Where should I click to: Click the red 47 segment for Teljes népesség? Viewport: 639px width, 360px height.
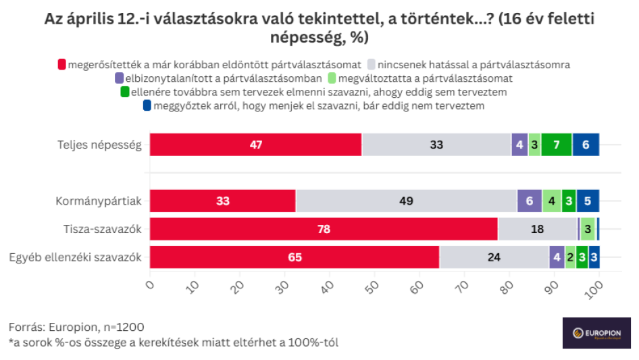click(x=255, y=145)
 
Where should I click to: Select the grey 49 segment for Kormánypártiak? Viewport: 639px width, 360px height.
click(x=406, y=201)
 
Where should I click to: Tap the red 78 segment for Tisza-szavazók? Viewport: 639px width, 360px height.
click(x=324, y=229)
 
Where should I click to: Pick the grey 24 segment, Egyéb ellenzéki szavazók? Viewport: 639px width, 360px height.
click(x=494, y=257)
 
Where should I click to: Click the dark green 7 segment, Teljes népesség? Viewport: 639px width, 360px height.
click(x=557, y=145)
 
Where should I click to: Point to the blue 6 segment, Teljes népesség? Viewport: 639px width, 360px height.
click(x=586, y=145)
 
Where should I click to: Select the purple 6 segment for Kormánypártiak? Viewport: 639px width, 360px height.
click(x=530, y=201)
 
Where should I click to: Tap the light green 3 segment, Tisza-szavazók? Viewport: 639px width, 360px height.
click(x=588, y=229)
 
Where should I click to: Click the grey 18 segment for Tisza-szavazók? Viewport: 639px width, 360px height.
click(x=538, y=229)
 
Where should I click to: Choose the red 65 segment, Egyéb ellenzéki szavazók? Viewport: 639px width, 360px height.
click(x=295, y=257)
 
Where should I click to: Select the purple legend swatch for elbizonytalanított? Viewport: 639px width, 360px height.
click(x=119, y=78)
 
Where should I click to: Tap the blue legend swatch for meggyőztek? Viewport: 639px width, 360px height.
click(x=147, y=105)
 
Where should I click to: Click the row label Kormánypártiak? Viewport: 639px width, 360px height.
click(x=99, y=201)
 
